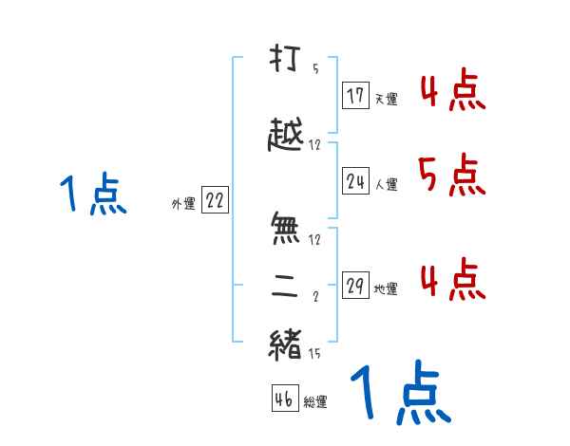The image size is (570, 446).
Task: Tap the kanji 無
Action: click(x=285, y=228)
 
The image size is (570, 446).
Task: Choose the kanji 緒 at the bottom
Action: click(x=285, y=343)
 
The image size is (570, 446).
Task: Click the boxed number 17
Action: click(x=356, y=95)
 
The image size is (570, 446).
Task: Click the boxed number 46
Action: click(x=283, y=399)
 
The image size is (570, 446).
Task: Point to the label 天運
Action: click(x=386, y=98)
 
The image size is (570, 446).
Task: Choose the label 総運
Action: click(x=315, y=401)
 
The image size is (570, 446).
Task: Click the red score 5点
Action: click(x=450, y=175)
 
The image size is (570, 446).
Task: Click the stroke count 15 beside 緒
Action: click(x=314, y=355)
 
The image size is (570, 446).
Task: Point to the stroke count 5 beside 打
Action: click(x=315, y=68)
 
